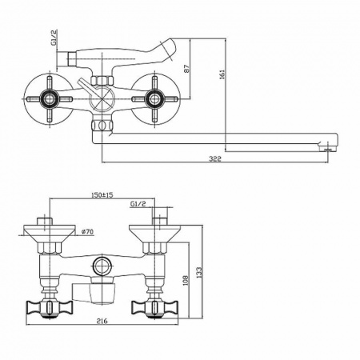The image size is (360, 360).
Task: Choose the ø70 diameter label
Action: coord(90,233)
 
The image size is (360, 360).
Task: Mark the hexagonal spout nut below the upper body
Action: coord(101,126)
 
